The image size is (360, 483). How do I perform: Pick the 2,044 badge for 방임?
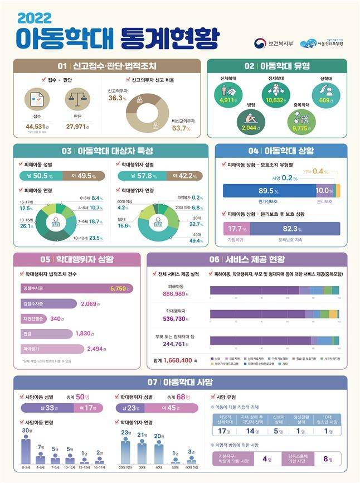(248, 127)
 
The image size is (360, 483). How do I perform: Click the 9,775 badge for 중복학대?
(301, 127)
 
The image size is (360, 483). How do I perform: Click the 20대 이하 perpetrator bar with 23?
(125, 451)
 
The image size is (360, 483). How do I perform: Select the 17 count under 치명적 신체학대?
(225, 431)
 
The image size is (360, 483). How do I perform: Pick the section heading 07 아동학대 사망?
(180, 382)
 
